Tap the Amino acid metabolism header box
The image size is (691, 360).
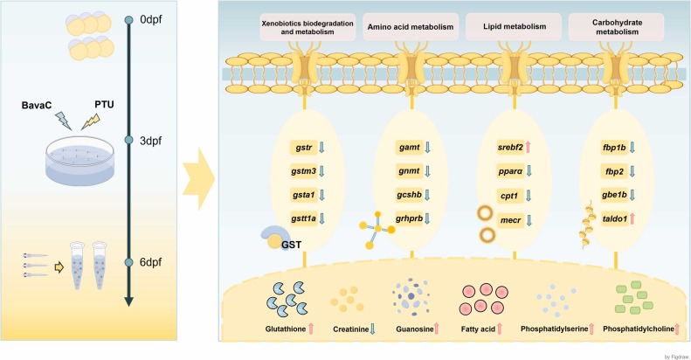click(x=407, y=27)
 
